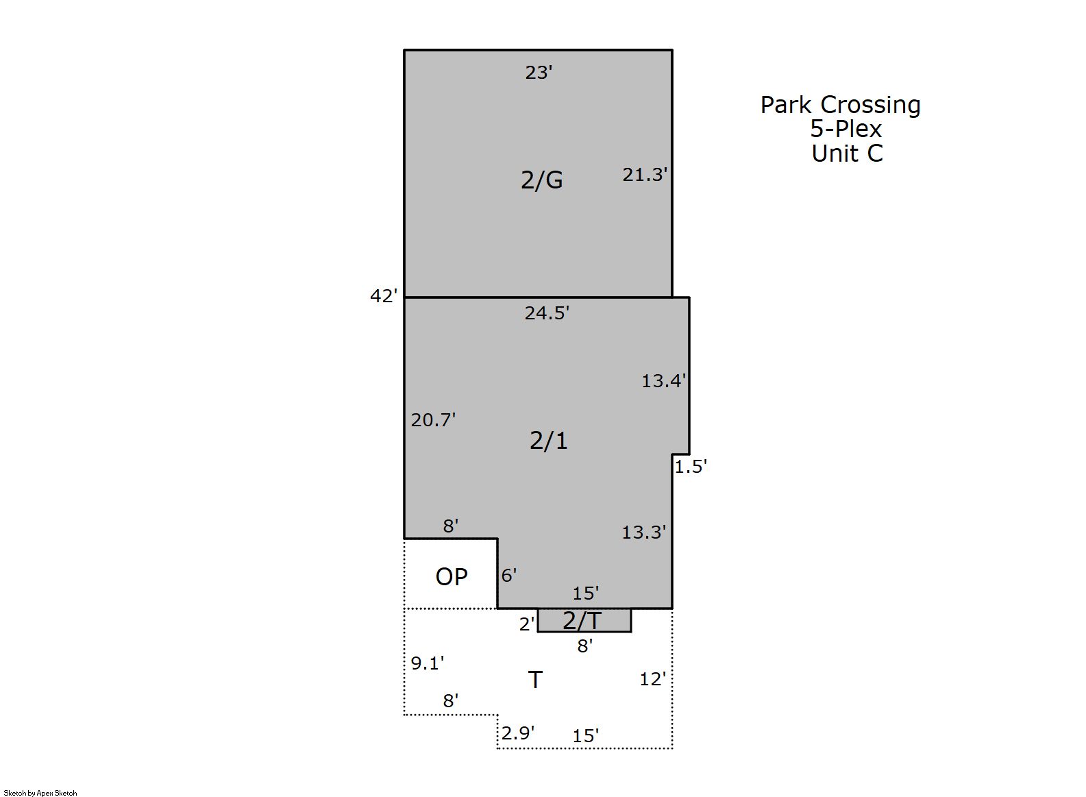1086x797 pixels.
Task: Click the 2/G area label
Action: click(541, 180)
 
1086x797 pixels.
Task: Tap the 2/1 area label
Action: click(548, 441)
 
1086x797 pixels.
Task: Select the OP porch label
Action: click(452, 577)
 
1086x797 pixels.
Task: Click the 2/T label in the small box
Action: click(582, 620)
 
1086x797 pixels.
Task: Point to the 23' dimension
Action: click(539, 73)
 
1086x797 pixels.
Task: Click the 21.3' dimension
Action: click(645, 175)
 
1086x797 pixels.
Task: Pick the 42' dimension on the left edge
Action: click(384, 296)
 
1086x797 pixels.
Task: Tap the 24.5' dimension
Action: click(547, 313)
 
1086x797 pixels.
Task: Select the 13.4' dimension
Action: click(664, 381)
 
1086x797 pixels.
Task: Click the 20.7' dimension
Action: click(433, 420)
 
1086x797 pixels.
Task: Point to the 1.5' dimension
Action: click(691, 467)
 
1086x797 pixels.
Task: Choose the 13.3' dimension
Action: click(644, 532)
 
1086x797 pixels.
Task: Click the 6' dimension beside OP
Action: click(508, 576)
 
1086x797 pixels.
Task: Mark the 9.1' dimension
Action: click(427, 663)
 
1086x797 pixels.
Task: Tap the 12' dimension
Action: click(652, 679)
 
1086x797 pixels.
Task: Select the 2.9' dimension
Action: click(518, 733)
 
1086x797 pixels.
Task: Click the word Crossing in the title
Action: click(870, 106)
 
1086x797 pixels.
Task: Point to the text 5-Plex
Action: click(846, 129)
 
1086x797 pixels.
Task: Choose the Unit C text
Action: click(848, 154)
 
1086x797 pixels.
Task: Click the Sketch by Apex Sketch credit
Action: click(40, 793)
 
